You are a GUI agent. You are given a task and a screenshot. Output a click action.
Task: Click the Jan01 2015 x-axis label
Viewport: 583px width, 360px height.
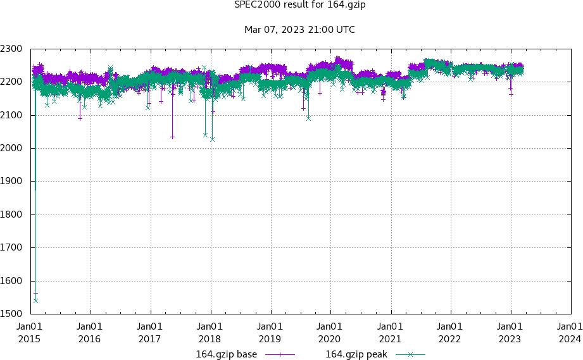pos(29,332)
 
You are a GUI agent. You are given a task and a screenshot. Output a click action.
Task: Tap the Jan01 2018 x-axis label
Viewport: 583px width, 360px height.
pos(210,332)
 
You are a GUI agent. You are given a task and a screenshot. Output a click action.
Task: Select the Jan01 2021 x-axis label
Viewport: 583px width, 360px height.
pos(390,332)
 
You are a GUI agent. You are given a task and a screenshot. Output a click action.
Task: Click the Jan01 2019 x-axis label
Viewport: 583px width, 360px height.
pos(270,332)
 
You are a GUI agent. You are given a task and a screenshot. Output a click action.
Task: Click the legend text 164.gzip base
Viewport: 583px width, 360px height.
pos(227,354)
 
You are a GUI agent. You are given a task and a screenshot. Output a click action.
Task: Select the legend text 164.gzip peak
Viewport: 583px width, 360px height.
pos(356,354)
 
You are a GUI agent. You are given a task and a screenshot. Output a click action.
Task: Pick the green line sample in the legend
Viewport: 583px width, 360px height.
pos(409,354)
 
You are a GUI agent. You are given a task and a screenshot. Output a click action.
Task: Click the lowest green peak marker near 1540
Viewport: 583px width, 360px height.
pos(35,301)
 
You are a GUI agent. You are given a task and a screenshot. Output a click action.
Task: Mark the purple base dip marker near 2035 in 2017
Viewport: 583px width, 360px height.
pos(172,137)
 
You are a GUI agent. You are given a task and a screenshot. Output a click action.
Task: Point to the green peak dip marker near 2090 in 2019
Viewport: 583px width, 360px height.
pos(308,118)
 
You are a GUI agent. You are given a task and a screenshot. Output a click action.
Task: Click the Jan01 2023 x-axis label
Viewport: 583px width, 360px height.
pos(510,332)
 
